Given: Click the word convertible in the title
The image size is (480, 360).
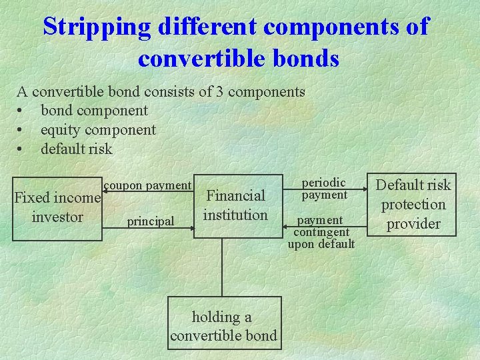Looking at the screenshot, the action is click(199, 59).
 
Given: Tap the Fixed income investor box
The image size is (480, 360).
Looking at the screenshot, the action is click(57, 207).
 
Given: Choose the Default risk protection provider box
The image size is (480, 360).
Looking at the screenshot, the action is click(413, 204).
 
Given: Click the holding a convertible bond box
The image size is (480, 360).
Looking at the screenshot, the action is click(223, 326).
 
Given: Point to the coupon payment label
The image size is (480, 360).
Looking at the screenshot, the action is click(147, 185).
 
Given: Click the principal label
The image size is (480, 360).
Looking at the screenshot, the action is click(151, 221).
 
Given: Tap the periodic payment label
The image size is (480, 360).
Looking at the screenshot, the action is click(324, 189).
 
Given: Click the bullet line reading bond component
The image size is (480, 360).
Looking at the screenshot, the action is click(94, 111).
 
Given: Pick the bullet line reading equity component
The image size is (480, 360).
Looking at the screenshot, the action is click(98, 130).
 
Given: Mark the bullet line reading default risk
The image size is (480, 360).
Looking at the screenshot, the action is click(77, 149).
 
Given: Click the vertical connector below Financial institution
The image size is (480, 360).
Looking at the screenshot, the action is click(223, 266).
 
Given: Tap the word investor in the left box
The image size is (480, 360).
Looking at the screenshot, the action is click(57, 217).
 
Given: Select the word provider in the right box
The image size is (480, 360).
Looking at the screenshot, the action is click(413, 224).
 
